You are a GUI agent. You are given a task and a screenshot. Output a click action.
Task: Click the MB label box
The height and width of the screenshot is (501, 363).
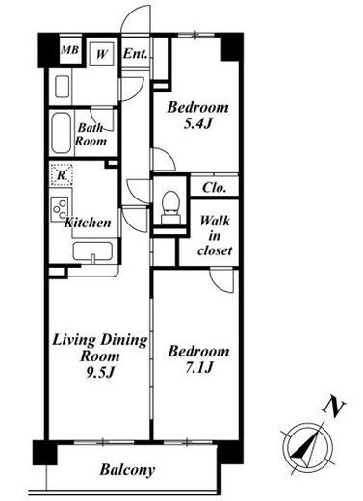coord(69,50)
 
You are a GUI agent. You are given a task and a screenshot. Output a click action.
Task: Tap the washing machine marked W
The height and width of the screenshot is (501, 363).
coord(101,54)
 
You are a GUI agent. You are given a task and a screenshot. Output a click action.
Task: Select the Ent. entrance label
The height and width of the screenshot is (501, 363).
coord(135,53)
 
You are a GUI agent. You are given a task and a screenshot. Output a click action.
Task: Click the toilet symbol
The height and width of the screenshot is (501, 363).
coord(170,207)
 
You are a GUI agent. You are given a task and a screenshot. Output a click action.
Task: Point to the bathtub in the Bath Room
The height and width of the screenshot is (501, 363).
coord(61,133)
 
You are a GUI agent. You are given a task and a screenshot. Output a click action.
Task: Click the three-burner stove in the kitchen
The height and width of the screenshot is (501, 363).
coord(60,209)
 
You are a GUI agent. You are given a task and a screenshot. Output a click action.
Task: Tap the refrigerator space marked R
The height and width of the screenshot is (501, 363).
coord(61,174)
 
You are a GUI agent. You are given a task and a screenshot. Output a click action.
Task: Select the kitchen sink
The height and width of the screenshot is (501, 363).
coord(92,251)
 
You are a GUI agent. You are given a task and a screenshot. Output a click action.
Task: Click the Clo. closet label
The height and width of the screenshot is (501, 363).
coord(214,187)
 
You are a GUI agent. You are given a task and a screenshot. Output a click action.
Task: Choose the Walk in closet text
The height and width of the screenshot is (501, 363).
coord(215,236)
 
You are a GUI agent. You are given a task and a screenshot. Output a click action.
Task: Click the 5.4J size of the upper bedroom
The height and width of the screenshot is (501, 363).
coord(198,123)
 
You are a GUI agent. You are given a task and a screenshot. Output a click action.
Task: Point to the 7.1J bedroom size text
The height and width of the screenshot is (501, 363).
coord(198,367)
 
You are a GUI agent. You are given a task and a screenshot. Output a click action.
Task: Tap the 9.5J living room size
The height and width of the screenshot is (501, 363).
coord(100,372)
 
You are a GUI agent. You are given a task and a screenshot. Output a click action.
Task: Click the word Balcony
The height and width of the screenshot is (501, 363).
coord(127,470)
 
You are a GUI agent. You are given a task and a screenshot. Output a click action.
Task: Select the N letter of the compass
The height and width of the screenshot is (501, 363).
coord(334,409)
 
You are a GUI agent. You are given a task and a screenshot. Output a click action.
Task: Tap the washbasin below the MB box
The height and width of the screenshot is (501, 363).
coord(63,87)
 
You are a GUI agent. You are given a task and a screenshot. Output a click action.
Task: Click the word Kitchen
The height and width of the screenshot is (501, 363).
coord(88,223)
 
